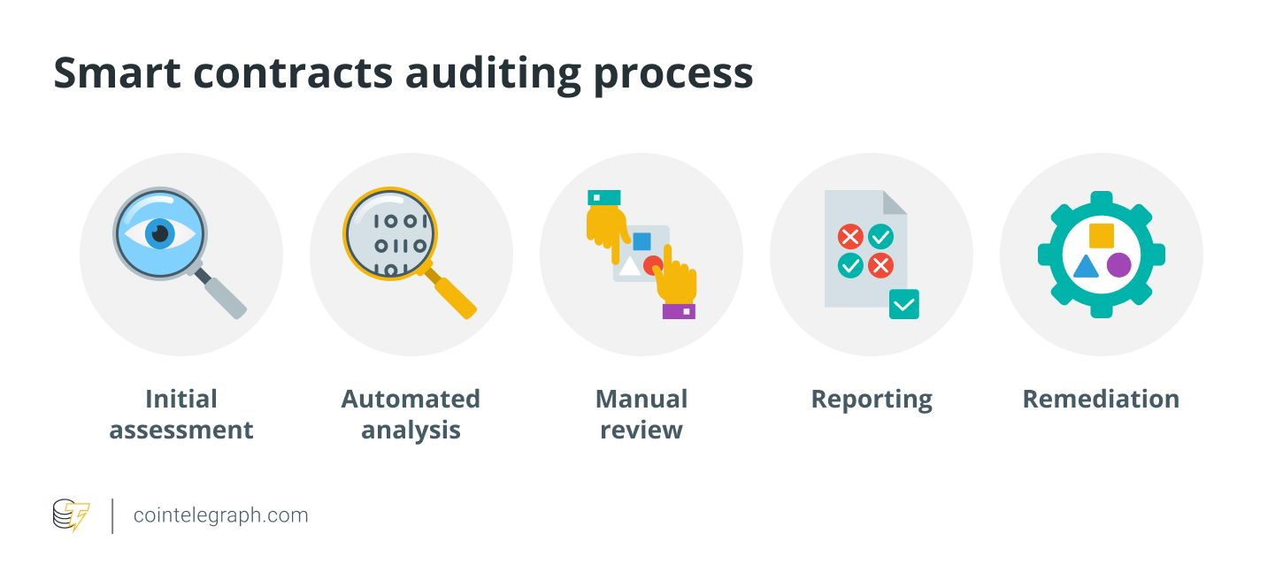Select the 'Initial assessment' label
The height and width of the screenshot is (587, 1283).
coord(181,415)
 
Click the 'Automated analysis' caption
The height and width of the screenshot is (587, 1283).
coord(411,415)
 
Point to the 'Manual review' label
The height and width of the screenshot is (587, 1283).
coord(641,415)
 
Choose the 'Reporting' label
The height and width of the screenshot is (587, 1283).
coord(872,400)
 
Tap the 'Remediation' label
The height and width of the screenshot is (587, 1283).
coord(1101,400)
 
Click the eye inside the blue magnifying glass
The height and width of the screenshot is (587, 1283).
coord(159,233)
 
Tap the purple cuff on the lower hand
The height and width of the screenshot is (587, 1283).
coord(679,311)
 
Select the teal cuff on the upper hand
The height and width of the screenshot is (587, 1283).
coord(603,197)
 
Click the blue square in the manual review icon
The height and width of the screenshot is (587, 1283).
coord(641,240)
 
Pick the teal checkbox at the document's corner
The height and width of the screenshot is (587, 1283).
coord(903,304)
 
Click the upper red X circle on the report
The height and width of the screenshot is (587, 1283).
coord(850,236)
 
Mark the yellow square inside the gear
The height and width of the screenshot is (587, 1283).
coord(1101,235)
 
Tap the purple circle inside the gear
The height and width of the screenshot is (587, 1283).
coord(1118,265)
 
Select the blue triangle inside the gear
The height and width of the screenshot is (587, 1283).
coord(1085,266)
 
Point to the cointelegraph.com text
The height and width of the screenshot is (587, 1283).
coord(220,515)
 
